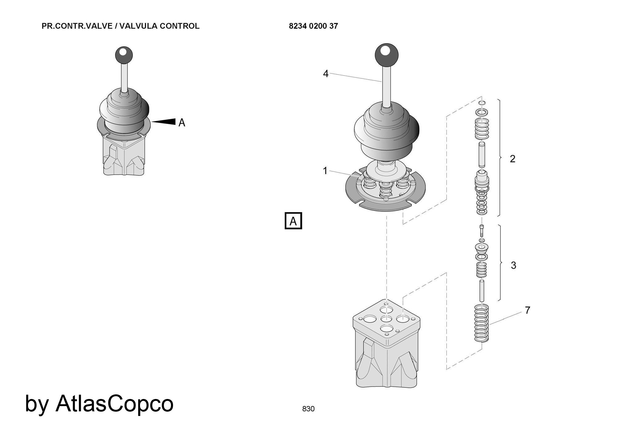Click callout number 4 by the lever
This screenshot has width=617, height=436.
326,74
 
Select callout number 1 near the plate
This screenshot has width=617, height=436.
325,171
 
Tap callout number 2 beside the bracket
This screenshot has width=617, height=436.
512,159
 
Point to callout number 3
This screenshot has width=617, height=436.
513,265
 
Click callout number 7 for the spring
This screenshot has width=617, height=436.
528,310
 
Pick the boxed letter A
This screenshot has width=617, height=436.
293,221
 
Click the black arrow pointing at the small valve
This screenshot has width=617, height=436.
165,121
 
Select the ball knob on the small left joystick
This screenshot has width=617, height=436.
124,55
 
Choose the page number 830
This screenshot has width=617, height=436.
308,409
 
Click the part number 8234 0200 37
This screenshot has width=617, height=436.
313,26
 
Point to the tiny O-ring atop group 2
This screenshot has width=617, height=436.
482,103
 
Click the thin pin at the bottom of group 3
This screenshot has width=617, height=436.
482,290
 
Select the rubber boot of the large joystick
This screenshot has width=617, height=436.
387,130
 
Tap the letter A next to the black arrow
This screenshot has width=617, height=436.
182,123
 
